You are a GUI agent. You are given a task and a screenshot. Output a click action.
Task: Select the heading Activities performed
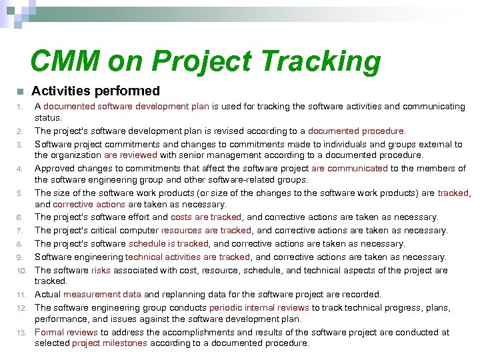click(x=96, y=91)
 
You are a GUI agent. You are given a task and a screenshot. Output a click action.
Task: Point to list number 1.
click(x=21, y=107)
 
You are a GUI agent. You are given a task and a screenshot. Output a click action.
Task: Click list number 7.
click(x=21, y=231)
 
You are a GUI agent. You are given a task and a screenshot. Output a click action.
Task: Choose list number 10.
click(x=21, y=271)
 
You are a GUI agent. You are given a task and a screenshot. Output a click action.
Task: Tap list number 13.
click(x=21, y=333)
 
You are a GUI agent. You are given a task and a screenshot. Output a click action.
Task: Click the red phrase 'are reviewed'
click(x=130, y=155)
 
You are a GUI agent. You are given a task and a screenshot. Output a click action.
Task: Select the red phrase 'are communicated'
click(x=349, y=168)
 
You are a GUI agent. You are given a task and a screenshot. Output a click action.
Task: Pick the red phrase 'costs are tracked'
click(x=207, y=217)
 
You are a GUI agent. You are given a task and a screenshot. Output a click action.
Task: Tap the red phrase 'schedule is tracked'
click(x=169, y=244)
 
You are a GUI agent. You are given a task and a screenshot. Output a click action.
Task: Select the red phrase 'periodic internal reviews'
click(x=259, y=308)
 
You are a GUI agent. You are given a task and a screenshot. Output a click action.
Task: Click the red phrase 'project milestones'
click(x=109, y=343)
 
